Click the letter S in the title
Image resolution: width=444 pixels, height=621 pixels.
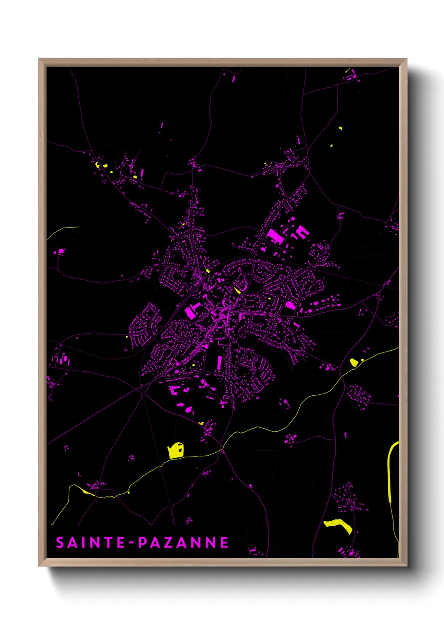(x=60, y=543)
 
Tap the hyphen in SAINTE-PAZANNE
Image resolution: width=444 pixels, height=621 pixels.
(x=132, y=543)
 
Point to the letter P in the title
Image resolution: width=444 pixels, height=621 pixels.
(x=143, y=543)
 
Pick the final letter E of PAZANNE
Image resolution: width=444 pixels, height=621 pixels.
(x=224, y=543)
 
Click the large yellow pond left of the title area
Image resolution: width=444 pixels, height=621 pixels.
(x=176, y=451)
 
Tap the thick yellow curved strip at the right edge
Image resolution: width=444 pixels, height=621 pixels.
(x=390, y=470)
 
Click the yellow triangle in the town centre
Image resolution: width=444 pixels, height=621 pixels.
(x=237, y=290)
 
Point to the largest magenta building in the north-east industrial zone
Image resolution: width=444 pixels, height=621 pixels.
(x=275, y=236)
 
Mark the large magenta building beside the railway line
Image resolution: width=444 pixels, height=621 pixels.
(x=191, y=312)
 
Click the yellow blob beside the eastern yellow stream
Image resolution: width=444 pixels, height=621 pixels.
(x=354, y=362)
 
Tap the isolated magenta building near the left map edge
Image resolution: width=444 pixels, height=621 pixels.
(x=61, y=251)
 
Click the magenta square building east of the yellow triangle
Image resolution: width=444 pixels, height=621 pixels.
(x=290, y=305)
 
